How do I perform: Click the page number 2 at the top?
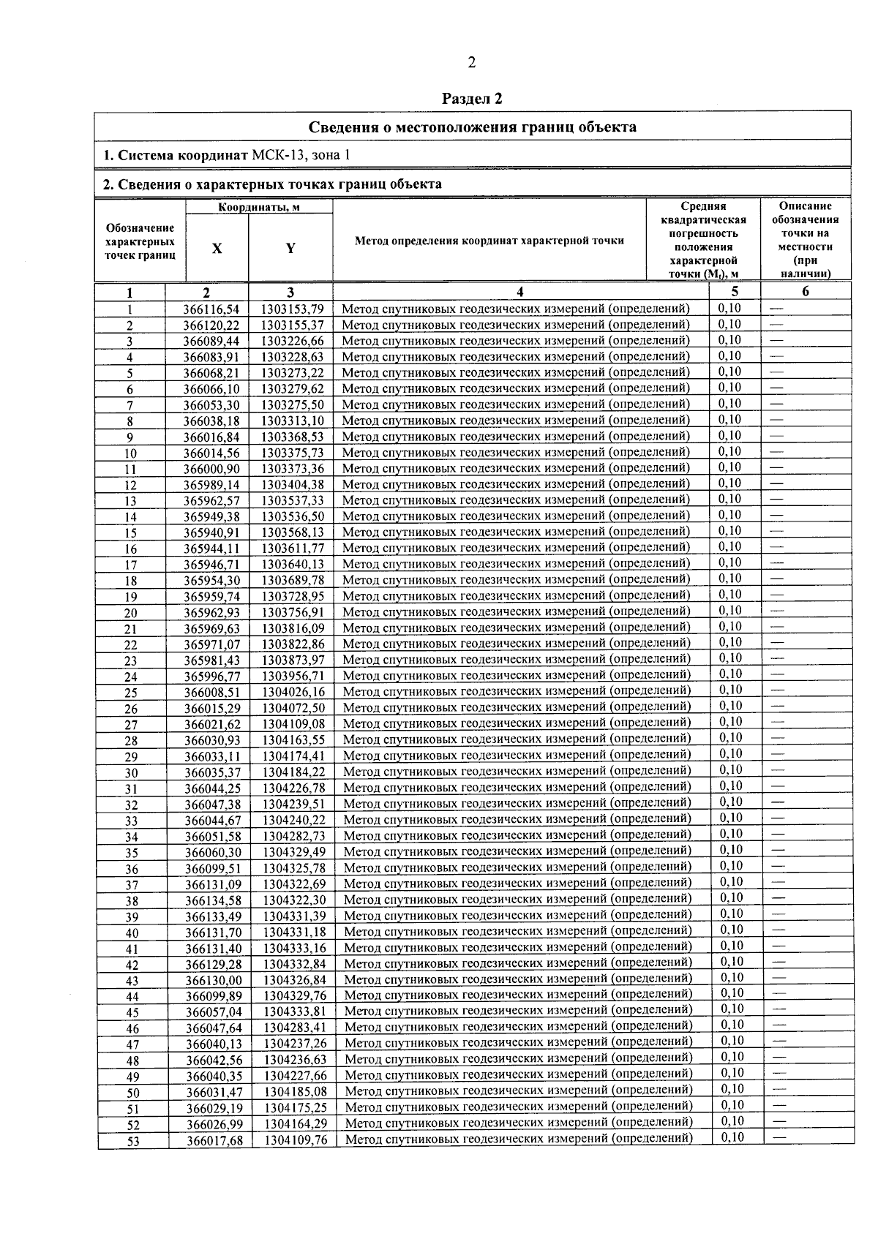point(471,63)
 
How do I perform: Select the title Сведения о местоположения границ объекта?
point(472,127)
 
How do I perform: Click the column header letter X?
point(217,248)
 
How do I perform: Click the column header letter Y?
point(290,248)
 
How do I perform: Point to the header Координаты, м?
point(259,207)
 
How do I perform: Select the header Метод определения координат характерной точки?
point(489,241)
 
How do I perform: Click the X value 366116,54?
point(211,309)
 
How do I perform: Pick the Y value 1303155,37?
point(293,325)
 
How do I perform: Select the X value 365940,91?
point(211,533)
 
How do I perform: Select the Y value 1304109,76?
point(296,1140)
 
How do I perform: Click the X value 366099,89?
point(214,996)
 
